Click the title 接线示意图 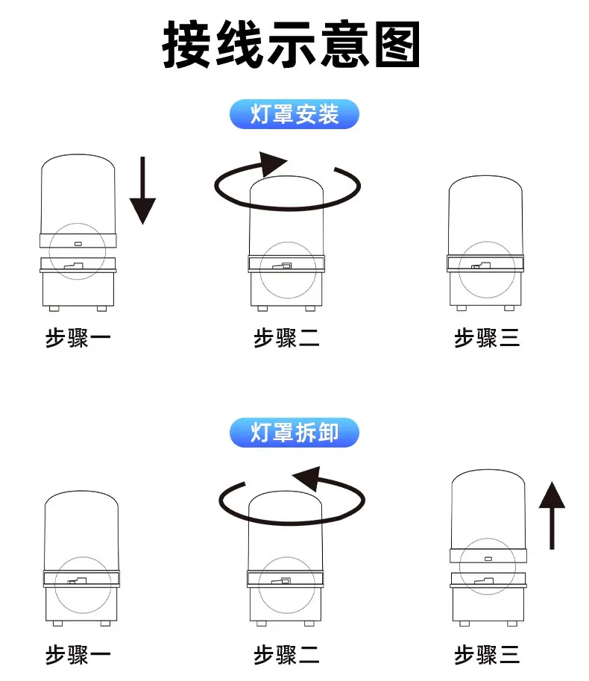[292, 44]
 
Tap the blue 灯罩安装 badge [294, 114]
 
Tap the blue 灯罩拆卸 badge [294, 433]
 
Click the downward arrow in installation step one [142, 190]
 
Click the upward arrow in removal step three [552, 515]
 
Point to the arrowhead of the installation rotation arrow [273, 163]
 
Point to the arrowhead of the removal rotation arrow [307, 478]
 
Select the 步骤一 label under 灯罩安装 [78, 338]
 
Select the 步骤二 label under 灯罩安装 [286, 338]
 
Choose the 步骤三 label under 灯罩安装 [487, 338]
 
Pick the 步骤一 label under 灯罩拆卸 [78, 654]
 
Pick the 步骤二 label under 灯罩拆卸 [286, 654]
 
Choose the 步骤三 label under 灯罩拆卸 [487, 654]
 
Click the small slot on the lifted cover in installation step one [78, 244]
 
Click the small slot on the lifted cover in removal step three [488, 559]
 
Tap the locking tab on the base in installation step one [74, 266]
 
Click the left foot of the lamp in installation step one [54, 308]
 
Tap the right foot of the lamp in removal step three [512, 624]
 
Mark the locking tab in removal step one [78, 581]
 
